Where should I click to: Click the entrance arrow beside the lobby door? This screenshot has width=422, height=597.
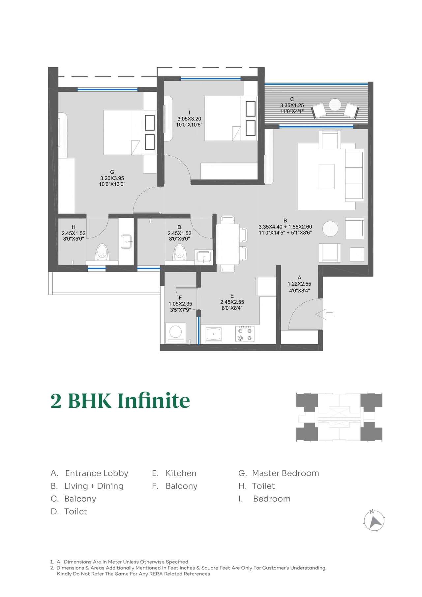point(324,314)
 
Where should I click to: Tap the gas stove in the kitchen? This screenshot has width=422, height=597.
point(245,334)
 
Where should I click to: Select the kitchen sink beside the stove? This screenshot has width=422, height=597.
point(213,334)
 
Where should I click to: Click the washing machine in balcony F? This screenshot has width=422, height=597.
point(175,332)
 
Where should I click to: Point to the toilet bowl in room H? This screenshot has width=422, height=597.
point(102,252)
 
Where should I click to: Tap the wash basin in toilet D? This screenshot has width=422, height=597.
point(203,256)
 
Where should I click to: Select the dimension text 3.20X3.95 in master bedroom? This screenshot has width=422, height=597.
point(112,178)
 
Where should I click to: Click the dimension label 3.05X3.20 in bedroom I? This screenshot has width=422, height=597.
point(189,119)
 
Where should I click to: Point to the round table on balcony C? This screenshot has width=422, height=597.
point(335,105)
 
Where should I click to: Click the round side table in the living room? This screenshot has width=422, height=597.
point(330,229)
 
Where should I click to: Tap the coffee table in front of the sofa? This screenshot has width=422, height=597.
point(326,176)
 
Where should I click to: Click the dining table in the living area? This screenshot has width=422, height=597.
point(227,244)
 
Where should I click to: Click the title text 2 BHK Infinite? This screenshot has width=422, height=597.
point(120,401)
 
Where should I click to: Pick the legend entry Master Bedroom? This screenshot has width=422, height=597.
point(285,473)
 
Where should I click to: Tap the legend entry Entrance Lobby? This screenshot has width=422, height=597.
point(96,473)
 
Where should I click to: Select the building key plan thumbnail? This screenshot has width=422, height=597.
point(339,417)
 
